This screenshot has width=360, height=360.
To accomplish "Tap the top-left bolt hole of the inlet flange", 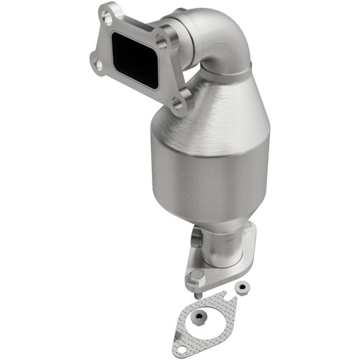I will [109, 14].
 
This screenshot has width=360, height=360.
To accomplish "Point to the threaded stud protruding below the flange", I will [199, 293].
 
